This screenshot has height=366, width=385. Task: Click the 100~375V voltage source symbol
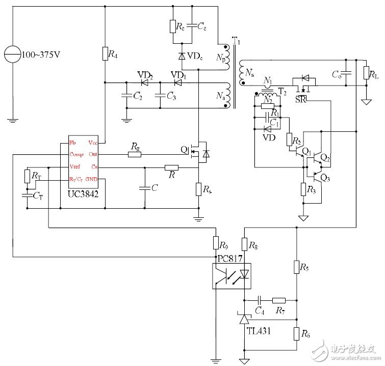(x=11, y=53)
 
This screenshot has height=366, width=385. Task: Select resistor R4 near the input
(x=105, y=53)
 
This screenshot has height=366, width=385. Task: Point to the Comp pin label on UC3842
(x=76, y=154)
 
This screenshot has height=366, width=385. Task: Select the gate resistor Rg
(x=135, y=154)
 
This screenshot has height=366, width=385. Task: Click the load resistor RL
(x=366, y=73)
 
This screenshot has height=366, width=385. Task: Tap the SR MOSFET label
(x=301, y=98)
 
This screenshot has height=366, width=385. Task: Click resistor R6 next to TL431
(x=296, y=334)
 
